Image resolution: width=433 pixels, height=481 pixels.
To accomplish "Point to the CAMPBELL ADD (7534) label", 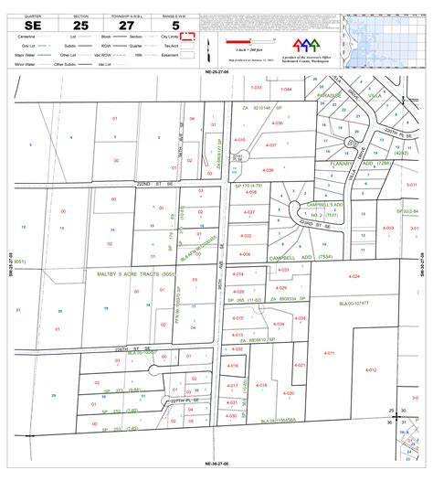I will (311, 258).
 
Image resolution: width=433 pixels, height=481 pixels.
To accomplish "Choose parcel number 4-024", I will (355, 276).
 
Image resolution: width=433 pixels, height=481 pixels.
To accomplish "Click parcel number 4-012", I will (372, 369).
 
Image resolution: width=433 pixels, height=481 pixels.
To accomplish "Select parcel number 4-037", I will (269, 145).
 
